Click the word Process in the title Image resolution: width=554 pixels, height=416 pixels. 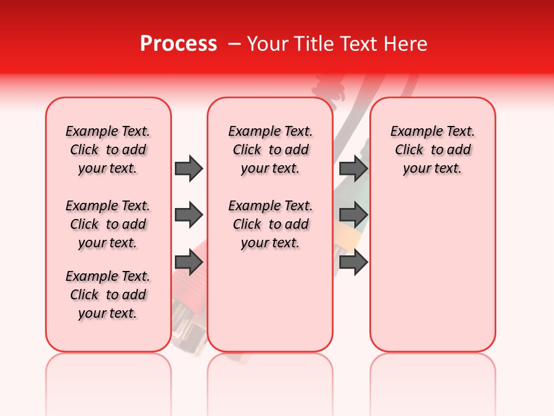[x=178, y=44]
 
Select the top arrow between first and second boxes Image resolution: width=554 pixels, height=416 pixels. [x=189, y=168]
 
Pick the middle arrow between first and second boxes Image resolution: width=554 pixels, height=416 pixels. [x=189, y=216]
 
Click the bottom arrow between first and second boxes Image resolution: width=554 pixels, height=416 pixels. [x=189, y=262]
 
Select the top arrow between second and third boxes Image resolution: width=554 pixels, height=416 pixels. [x=353, y=168]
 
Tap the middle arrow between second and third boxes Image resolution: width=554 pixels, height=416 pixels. [x=353, y=216]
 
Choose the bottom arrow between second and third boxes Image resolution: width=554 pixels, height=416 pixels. [x=353, y=262]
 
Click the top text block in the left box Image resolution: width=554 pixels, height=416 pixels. [x=108, y=150]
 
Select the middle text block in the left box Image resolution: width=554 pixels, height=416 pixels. [x=108, y=224]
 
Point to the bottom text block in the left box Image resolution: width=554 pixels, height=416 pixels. [x=108, y=295]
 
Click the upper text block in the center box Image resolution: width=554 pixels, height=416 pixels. [x=270, y=150]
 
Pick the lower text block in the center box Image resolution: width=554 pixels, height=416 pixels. [x=270, y=224]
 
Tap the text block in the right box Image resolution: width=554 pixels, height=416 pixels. [x=432, y=150]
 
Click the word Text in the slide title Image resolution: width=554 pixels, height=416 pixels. [x=357, y=44]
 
